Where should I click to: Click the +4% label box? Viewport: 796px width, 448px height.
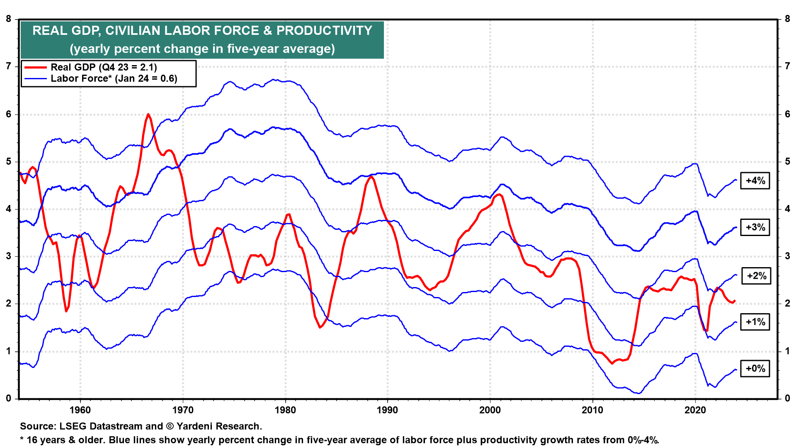[x=755, y=181]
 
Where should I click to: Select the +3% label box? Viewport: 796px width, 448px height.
[x=755, y=227]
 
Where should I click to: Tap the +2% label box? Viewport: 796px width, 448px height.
[x=756, y=276]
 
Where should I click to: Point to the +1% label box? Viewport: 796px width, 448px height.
[x=755, y=322]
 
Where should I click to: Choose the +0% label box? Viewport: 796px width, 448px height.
[x=755, y=368]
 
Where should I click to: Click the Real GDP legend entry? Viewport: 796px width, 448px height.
[x=104, y=67]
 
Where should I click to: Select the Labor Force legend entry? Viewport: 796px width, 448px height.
[x=114, y=79]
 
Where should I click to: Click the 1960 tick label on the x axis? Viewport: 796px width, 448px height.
[x=80, y=410]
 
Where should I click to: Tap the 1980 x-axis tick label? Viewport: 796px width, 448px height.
[x=285, y=410]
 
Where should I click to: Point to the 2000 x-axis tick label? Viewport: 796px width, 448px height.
[x=490, y=410]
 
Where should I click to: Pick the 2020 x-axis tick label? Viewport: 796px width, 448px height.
[x=695, y=410]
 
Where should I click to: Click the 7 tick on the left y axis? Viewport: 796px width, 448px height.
[x=9, y=66]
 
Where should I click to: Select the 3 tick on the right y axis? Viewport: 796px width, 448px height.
[x=787, y=256]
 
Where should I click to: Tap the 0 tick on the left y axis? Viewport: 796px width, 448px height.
[x=9, y=399]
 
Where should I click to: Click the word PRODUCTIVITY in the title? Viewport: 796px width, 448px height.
[x=324, y=31]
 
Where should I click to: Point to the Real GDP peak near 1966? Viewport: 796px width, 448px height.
[x=148, y=114]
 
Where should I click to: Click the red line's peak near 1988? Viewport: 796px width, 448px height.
[x=371, y=176]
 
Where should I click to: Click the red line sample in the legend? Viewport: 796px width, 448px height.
[x=36, y=67]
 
